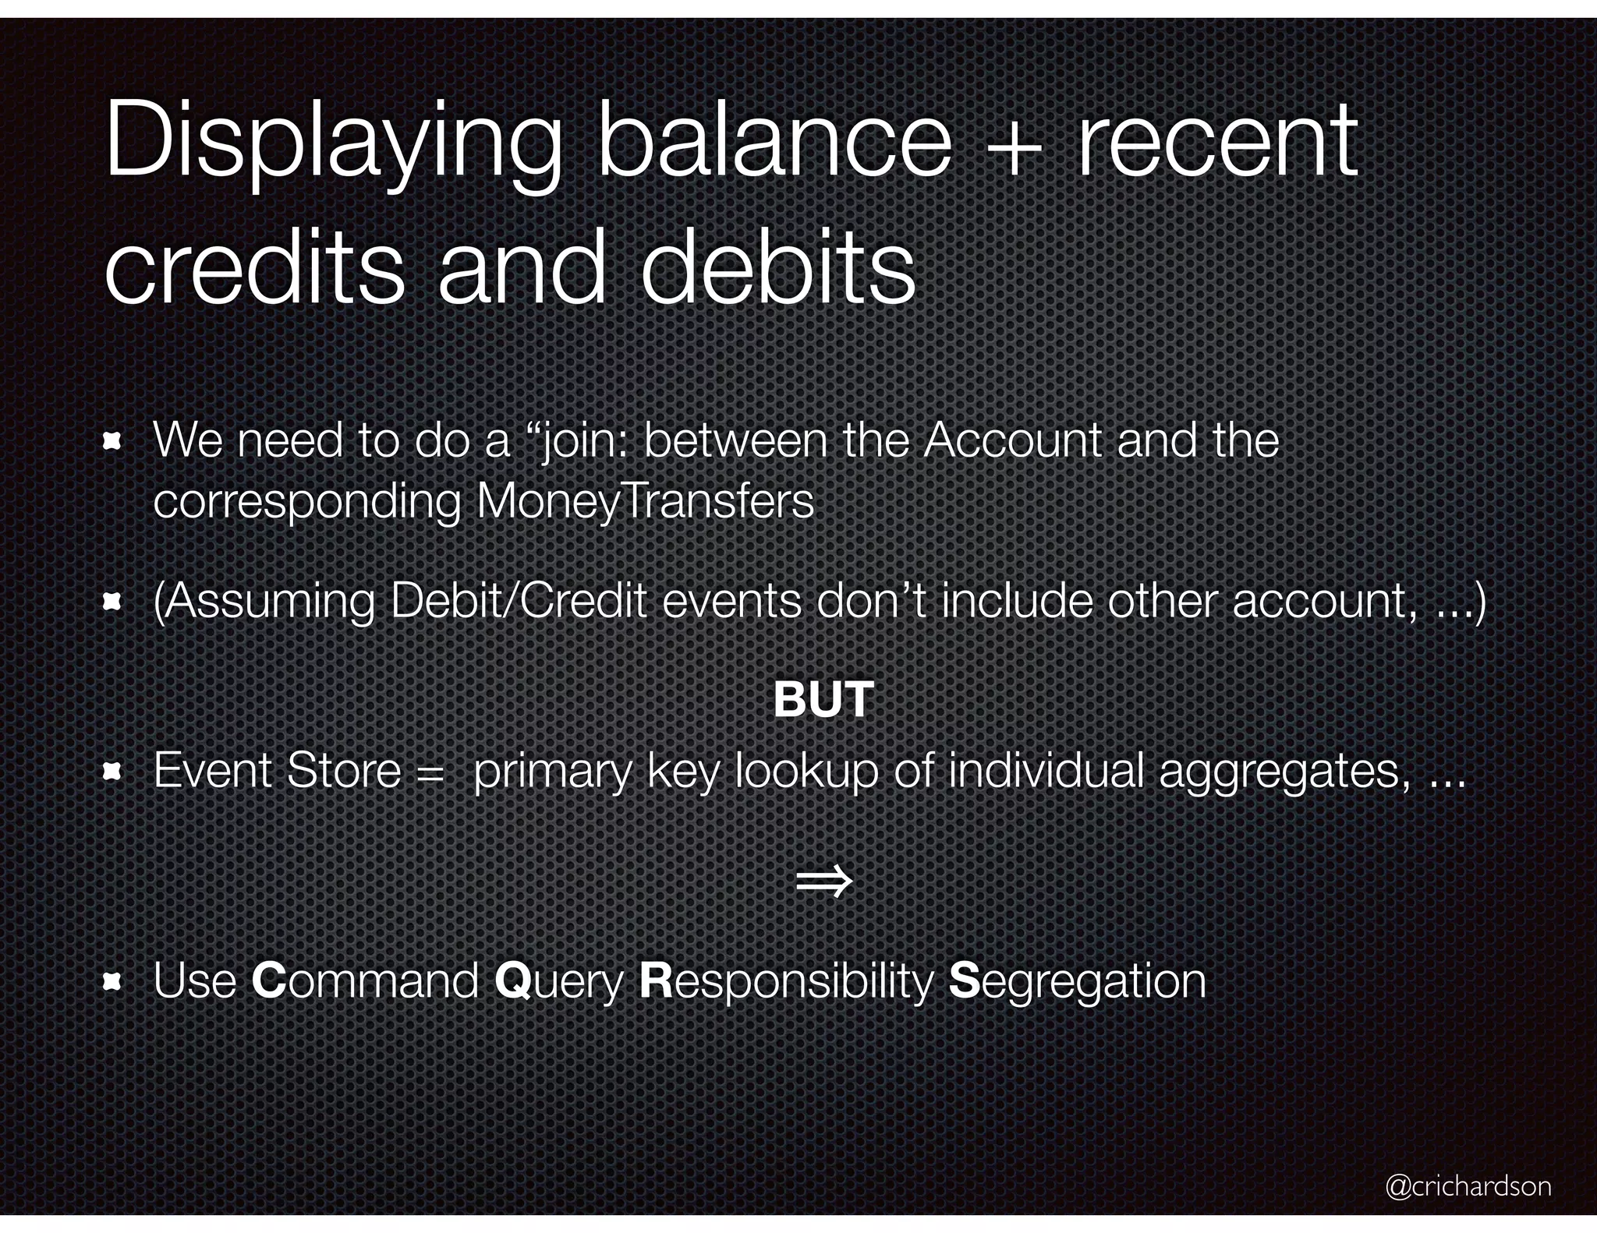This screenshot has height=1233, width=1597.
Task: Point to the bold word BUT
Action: pyautogui.click(x=823, y=700)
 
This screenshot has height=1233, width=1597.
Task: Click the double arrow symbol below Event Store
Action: pyautogui.click(x=823, y=883)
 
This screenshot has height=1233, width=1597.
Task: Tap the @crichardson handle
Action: pyautogui.click(x=1468, y=1185)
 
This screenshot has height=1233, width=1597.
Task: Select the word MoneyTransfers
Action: pyautogui.click(x=645, y=501)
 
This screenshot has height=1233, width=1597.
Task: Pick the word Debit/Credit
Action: pyautogui.click(x=519, y=601)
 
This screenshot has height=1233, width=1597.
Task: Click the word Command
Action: pyautogui.click(x=365, y=980)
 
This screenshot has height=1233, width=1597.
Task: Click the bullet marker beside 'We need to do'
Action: pyautogui.click(x=113, y=443)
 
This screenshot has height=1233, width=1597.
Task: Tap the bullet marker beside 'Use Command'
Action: pyautogui.click(x=113, y=982)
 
